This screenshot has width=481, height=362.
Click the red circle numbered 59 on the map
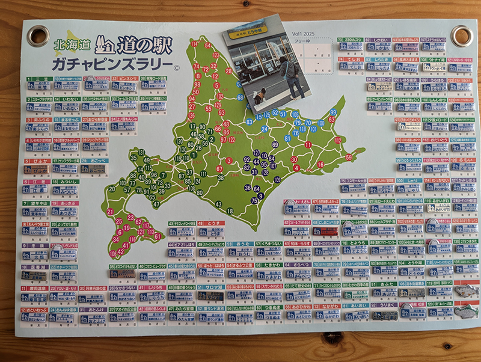349,158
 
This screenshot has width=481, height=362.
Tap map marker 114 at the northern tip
194,44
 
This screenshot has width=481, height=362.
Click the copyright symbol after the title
176,68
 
